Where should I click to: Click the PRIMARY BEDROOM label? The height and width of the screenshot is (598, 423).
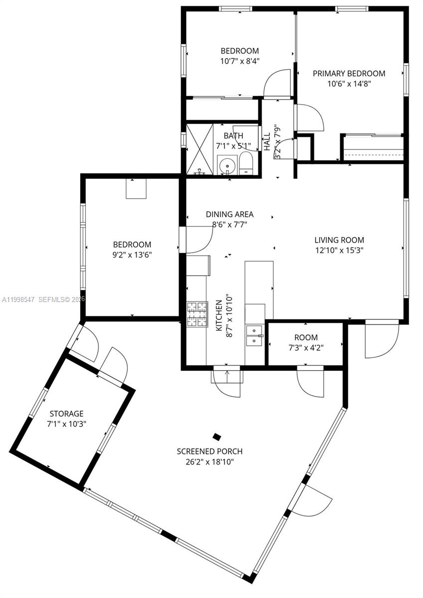(x=349, y=73)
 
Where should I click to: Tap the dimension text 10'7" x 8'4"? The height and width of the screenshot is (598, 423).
(x=240, y=61)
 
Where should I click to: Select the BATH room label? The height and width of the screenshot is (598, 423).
(x=233, y=136)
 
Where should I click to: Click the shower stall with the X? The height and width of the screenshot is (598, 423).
(x=199, y=149)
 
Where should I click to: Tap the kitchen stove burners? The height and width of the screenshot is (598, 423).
(x=197, y=315)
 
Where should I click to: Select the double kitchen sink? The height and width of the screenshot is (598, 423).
(x=255, y=336)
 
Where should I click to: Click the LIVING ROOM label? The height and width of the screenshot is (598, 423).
(x=339, y=240)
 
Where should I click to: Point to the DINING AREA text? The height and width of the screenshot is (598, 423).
(x=229, y=214)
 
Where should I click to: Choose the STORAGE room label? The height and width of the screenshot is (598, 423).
(x=66, y=414)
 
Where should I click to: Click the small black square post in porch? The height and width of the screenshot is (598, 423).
(x=216, y=437)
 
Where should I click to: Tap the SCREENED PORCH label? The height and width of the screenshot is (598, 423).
(x=210, y=451)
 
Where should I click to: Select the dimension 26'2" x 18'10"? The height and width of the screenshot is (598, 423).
(x=210, y=462)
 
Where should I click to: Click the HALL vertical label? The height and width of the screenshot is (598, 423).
(x=267, y=142)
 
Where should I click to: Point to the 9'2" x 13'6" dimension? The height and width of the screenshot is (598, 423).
(x=132, y=255)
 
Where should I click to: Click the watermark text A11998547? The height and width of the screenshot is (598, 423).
(x=18, y=299)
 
